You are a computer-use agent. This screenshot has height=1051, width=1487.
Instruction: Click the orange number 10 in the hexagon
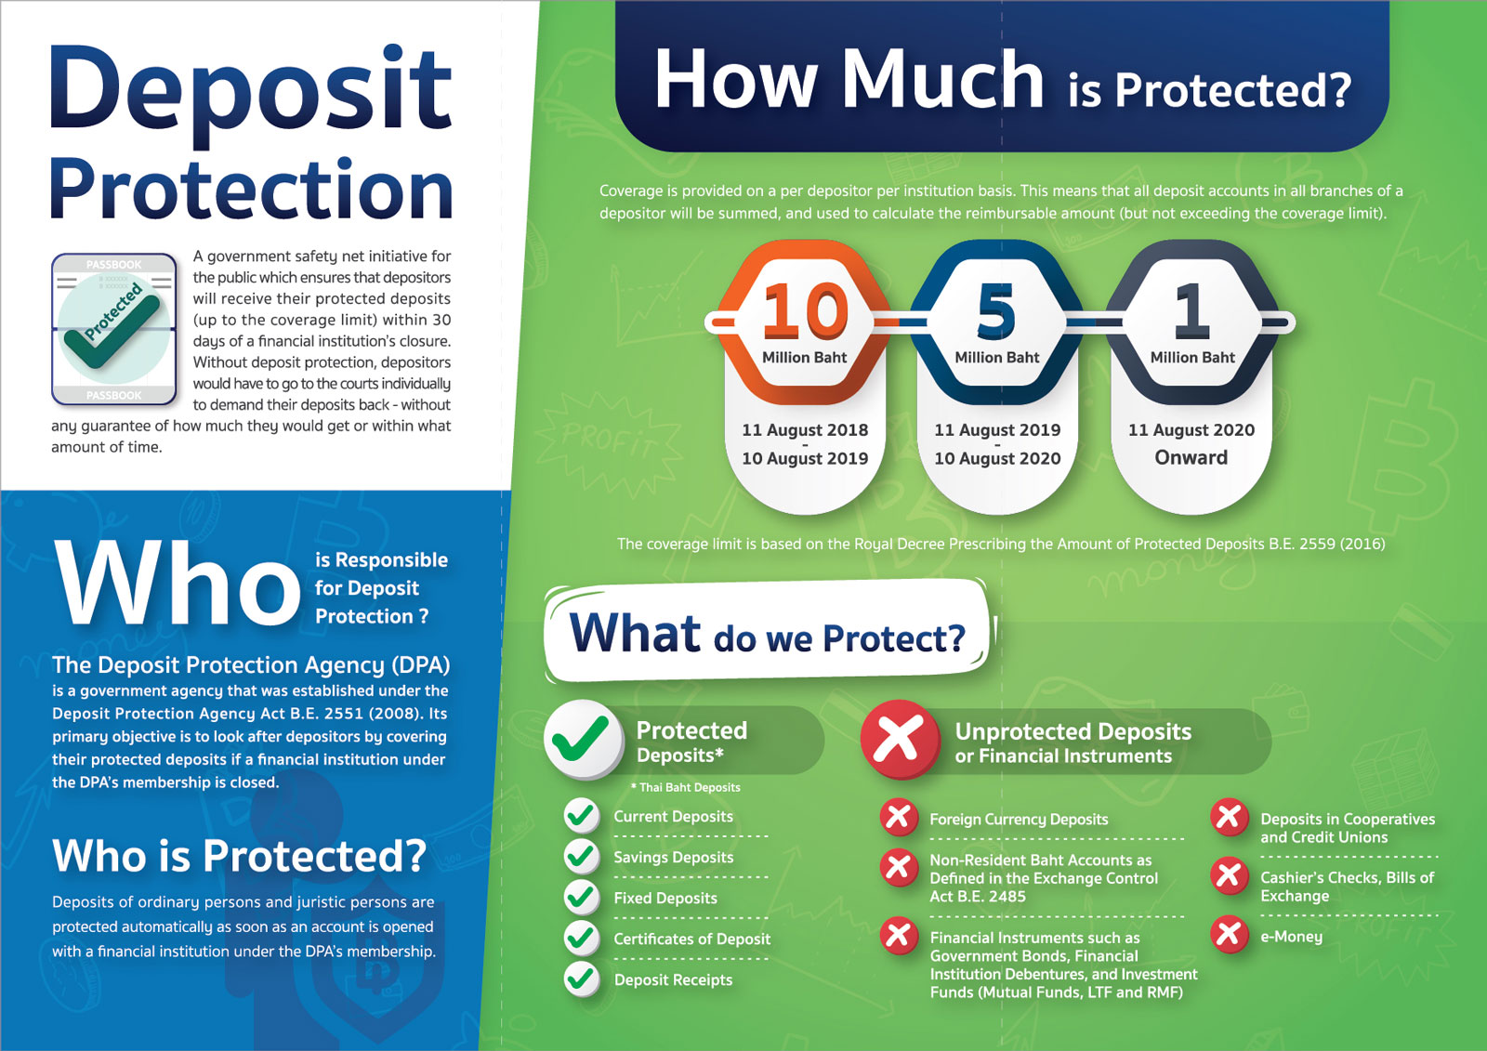(805, 311)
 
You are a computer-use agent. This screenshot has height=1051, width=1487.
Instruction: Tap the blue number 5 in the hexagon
(995, 311)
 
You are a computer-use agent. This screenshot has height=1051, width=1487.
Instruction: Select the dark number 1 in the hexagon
(1191, 311)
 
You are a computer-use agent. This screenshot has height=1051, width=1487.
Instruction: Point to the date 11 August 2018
(805, 429)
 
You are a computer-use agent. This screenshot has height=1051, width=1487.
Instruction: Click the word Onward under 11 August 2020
(1191, 457)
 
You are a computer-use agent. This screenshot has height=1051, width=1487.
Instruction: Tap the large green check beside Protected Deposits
(583, 739)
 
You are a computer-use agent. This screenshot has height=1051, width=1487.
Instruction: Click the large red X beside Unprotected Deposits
(901, 739)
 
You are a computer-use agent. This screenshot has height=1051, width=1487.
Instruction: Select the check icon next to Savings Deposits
(582, 856)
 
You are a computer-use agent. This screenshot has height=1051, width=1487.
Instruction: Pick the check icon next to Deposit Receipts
(582, 979)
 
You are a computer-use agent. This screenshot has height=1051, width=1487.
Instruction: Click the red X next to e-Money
(1229, 935)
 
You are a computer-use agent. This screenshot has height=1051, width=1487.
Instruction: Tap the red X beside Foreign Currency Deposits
(899, 818)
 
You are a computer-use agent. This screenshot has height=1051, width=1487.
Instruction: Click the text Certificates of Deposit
(691, 939)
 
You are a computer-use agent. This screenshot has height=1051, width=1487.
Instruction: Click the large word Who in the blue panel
(177, 583)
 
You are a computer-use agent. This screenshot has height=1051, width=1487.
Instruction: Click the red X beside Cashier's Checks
(1229, 876)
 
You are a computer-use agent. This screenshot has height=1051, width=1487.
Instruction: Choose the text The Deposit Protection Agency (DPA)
(251, 664)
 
